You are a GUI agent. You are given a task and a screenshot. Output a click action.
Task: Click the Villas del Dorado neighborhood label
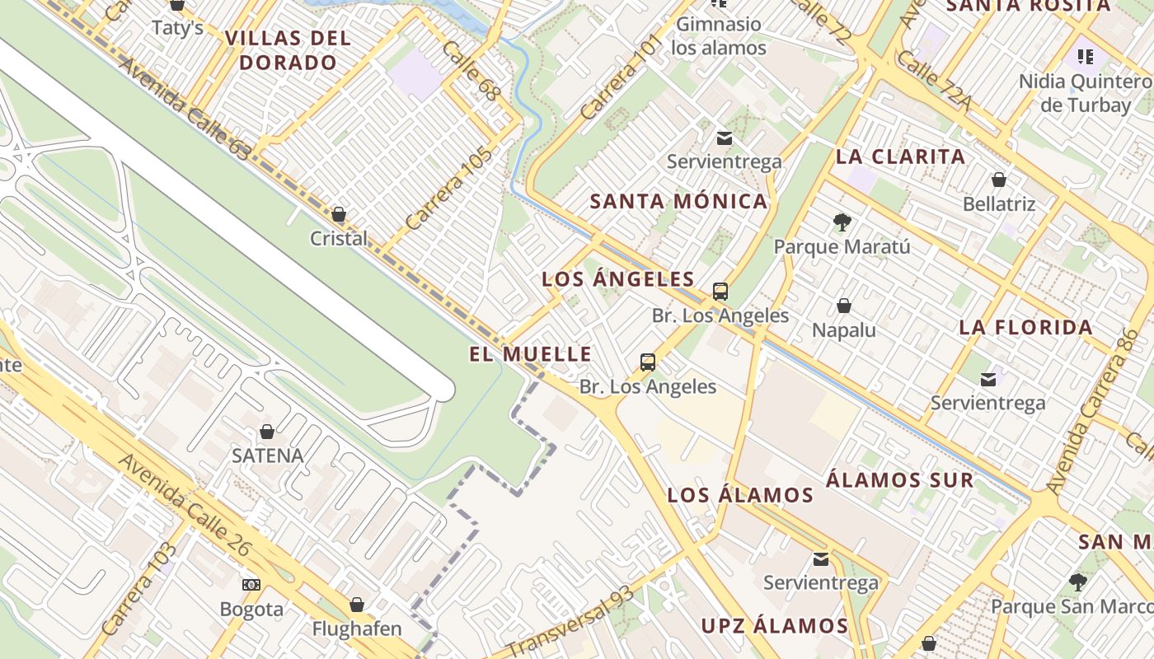pos(288,50)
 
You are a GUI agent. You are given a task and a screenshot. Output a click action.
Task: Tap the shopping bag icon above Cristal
pos(339,215)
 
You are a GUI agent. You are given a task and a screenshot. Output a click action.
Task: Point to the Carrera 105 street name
pos(448,189)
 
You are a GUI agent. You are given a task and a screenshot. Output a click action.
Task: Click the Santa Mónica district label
pos(678,202)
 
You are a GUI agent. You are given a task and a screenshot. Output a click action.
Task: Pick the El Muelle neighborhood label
pos(530,355)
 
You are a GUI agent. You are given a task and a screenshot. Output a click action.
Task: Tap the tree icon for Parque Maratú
pos(842,222)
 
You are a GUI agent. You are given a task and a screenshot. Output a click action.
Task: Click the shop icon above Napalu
pos(843,306)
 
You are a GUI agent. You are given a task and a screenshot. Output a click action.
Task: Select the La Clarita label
pos(900,157)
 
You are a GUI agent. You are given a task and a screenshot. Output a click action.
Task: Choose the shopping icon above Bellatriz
pos(998,180)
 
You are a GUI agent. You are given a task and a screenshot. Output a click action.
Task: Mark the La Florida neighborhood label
pos(1025,328)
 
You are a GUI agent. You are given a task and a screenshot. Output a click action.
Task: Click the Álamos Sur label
pos(899,480)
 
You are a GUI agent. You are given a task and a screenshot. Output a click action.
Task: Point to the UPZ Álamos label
pos(774,626)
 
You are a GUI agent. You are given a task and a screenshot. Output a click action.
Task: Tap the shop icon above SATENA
pos(267,432)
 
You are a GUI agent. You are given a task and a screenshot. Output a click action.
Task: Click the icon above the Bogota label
pos(251,585)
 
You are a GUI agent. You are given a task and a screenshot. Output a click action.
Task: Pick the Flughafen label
pos(356,629)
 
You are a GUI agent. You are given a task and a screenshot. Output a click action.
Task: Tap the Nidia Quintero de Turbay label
pos(1085,93)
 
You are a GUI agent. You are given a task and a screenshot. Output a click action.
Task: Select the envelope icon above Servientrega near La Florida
pos(987,379)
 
